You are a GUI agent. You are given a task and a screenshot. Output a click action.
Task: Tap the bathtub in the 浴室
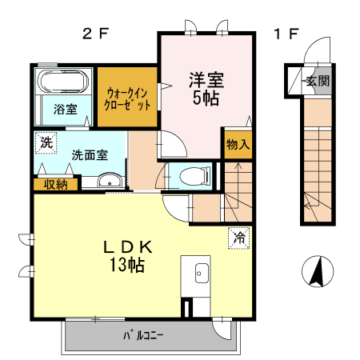point(62,82)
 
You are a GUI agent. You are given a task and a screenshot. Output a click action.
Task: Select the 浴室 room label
point(66,110)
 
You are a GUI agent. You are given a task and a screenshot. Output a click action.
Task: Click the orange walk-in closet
point(128,98)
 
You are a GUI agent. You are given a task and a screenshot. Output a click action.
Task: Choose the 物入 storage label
point(238,145)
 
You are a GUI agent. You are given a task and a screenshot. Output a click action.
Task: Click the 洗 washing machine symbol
point(45,144)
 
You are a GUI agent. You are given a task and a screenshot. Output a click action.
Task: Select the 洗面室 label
point(89,155)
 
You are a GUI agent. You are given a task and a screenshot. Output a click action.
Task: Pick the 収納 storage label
point(55,185)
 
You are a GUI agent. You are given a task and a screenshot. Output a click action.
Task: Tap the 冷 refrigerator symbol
point(238,236)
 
